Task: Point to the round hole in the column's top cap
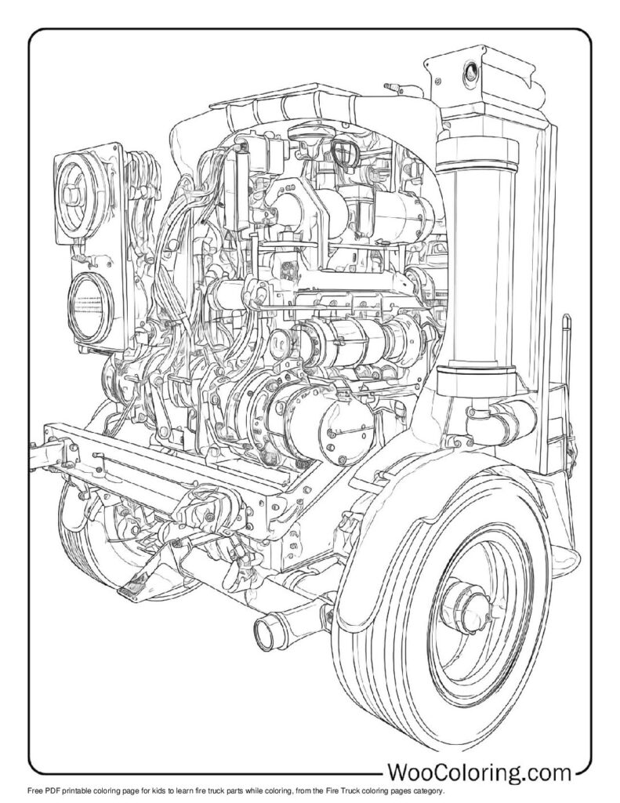tap(470, 74)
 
